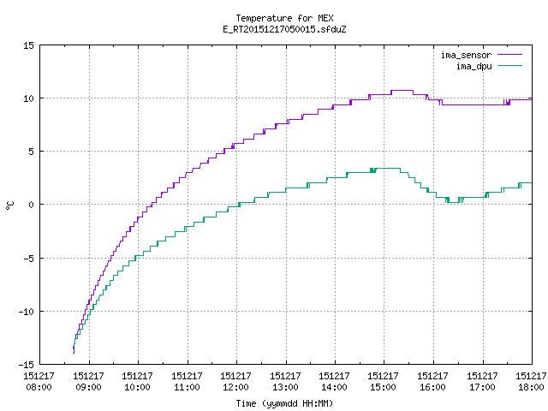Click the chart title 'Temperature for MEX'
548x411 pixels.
tap(284, 18)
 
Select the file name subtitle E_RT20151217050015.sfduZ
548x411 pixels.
tap(284, 29)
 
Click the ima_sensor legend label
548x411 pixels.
tap(466, 55)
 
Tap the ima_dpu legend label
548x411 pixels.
tap(474, 66)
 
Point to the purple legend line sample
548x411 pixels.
tap(509, 55)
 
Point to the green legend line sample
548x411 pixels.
tap(509, 65)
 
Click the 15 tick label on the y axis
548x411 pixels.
tap(28, 45)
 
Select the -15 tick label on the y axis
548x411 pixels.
tap(27, 365)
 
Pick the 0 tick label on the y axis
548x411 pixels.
tap(31, 205)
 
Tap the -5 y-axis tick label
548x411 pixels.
tap(28, 259)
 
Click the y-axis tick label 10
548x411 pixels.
tap(28, 98)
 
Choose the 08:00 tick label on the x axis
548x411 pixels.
tap(39, 387)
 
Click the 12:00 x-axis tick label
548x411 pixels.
tap(235, 387)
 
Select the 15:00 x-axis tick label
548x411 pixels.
tap(383, 387)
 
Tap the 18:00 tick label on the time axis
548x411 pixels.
tap(531, 387)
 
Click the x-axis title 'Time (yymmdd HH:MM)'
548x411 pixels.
tap(284, 403)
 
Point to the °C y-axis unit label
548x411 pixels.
tap(9, 205)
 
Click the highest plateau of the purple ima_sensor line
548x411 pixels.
tap(402, 91)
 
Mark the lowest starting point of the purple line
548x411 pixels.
tap(74, 353)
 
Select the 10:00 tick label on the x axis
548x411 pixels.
tap(137, 387)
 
